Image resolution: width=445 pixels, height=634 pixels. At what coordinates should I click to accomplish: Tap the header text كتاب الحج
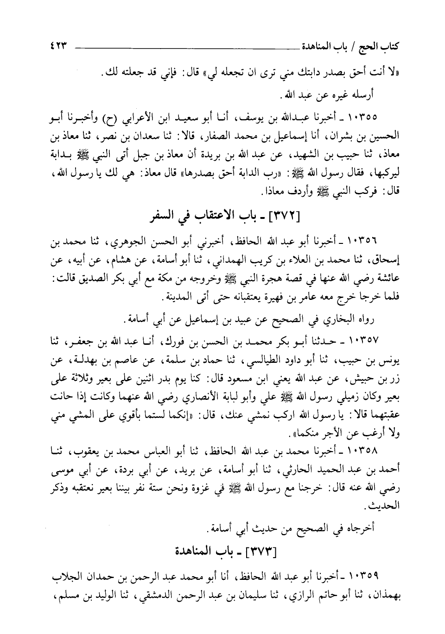tap(386, 46)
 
